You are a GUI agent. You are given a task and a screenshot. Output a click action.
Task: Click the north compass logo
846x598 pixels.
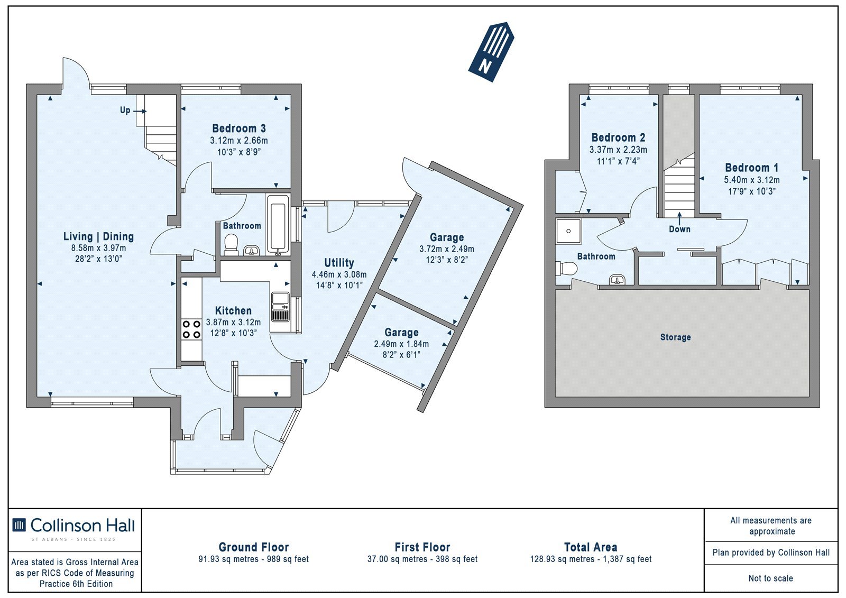pos(491,52)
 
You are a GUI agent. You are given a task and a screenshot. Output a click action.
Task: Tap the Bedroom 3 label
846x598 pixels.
pos(238,128)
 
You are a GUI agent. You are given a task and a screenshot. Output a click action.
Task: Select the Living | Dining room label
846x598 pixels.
pos(98,236)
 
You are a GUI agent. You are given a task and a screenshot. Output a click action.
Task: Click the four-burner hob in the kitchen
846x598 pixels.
pos(191,329)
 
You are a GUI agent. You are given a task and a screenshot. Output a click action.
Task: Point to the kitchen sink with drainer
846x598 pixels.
pos(280,307)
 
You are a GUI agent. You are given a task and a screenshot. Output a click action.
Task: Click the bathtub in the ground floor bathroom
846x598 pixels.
pos(278,224)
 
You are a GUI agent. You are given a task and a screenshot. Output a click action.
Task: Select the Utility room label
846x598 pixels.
pos(339,263)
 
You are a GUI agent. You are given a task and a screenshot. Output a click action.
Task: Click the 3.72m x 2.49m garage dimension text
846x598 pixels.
pos(447,250)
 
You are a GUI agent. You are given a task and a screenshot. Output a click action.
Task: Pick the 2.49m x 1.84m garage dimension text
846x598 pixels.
pos(401,344)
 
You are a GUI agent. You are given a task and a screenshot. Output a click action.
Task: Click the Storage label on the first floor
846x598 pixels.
pos(676,337)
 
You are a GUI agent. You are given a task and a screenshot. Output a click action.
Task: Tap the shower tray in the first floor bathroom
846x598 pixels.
pos(568,231)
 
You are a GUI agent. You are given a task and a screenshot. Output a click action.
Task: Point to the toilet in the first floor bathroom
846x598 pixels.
pos(566,269)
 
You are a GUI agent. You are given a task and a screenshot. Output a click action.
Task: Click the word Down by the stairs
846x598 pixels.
pos(679,229)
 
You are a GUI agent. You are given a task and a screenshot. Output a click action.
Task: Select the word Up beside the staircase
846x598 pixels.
pos(125,111)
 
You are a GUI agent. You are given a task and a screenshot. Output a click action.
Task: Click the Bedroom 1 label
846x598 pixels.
pos(751,168)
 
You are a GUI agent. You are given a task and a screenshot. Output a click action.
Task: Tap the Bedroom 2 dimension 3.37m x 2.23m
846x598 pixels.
pos(618,150)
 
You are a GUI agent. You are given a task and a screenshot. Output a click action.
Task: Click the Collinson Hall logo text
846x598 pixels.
pos(82,526)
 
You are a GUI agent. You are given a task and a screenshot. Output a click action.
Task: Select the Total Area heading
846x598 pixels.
pos(591,547)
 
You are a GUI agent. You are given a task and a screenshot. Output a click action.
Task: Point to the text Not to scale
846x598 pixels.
pos(771,578)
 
